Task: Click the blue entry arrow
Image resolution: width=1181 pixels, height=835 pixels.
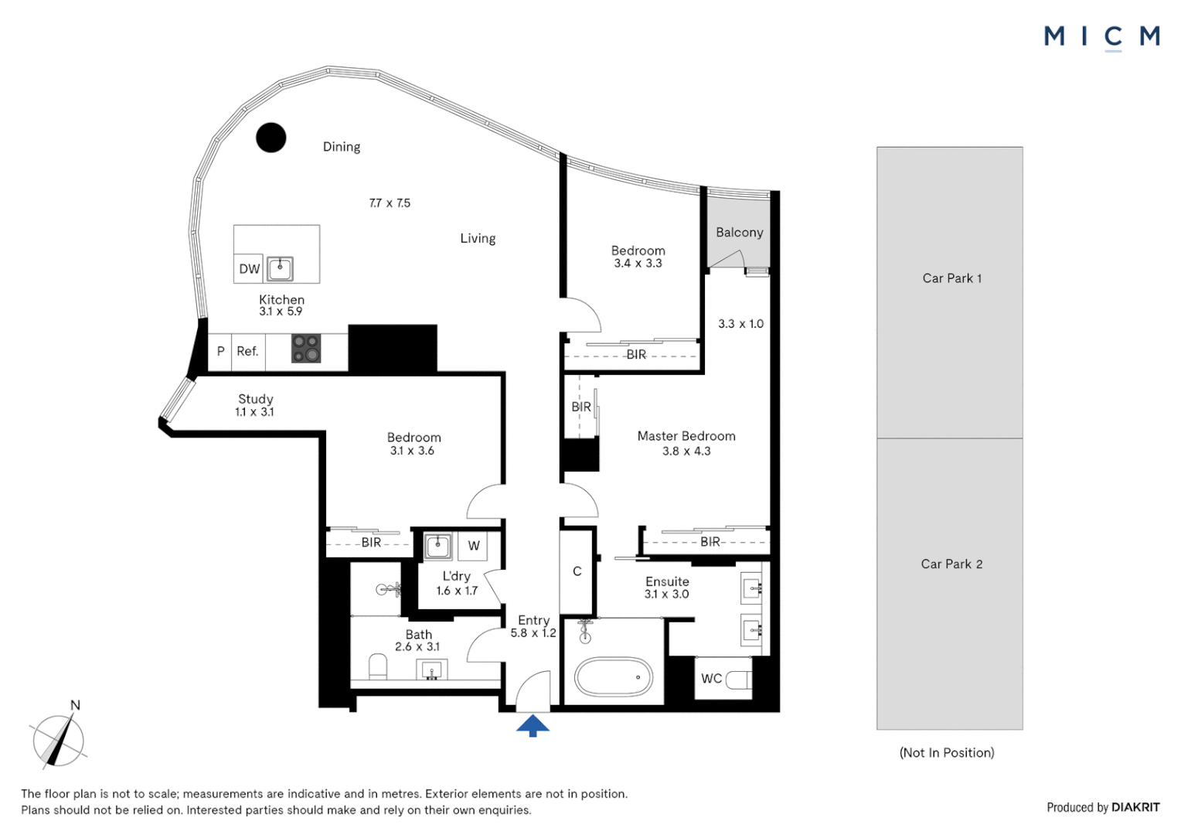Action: pyautogui.click(x=533, y=725)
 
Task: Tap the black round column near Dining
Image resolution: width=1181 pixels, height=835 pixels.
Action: pyautogui.click(x=271, y=138)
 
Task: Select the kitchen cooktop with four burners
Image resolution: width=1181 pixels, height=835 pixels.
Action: pyautogui.click(x=306, y=348)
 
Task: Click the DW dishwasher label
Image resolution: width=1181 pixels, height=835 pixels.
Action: pyautogui.click(x=250, y=269)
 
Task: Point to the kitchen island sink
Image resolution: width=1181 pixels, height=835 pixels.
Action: pyautogui.click(x=280, y=269)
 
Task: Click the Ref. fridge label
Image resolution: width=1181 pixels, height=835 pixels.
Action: pyautogui.click(x=247, y=351)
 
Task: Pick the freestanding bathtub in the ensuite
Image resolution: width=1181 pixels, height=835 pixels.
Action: pyautogui.click(x=613, y=677)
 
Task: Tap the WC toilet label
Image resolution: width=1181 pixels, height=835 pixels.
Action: pyautogui.click(x=711, y=678)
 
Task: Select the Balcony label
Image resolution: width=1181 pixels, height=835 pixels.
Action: pyautogui.click(x=739, y=232)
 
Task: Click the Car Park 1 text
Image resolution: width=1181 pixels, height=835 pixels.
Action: pyautogui.click(x=951, y=278)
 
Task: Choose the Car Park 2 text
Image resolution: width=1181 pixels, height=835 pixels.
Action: pyautogui.click(x=951, y=564)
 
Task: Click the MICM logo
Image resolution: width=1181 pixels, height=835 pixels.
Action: pyautogui.click(x=1102, y=38)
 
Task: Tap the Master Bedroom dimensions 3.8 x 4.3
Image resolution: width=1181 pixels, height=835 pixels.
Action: pyautogui.click(x=686, y=451)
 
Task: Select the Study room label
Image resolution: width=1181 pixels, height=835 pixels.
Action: pyautogui.click(x=255, y=399)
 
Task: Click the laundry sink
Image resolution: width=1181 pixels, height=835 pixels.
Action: pyautogui.click(x=437, y=546)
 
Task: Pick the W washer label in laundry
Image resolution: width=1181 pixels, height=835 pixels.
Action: pyautogui.click(x=474, y=546)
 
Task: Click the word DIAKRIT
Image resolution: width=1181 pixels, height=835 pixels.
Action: pyautogui.click(x=1135, y=807)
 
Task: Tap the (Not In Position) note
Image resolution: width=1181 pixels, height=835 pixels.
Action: pyautogui.click(x=947, y=753)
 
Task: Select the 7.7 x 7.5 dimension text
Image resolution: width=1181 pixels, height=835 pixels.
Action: pyautogui.click(x=390, y=203)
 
